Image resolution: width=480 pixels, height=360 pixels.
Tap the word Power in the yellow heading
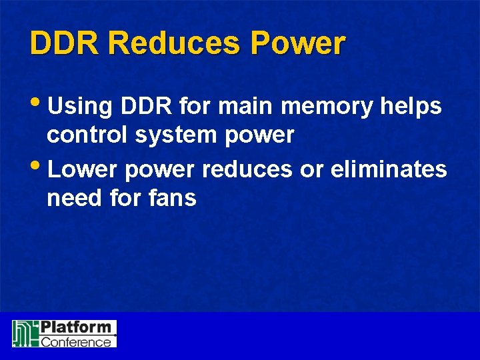(298, 43)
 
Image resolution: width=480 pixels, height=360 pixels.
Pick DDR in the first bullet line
(145, 106)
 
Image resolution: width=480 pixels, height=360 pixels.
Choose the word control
(88, 135)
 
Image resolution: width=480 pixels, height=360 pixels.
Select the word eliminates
(389, 170)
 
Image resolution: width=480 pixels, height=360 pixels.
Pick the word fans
(173, 198)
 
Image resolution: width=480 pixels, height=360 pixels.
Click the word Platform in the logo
(75, 328)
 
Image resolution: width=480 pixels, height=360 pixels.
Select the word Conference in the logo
(76, 341)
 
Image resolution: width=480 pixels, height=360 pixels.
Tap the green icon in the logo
(25, 333)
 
